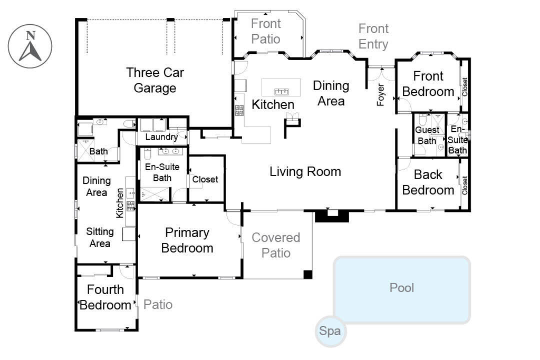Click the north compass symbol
pos(30,46)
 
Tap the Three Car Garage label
pos(155,80)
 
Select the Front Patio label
pos(266,31)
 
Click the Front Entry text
pos(373,36)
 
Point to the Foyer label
pos(381,95)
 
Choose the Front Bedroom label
pos(428,84)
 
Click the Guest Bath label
pos(427,135)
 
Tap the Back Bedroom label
pos(428,182)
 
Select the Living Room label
pos(305,171)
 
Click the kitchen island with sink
pos(281,88)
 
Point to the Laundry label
pos(161,138)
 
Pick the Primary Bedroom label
pos(187,240)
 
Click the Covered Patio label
pos(276,245)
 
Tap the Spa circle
pos(330,332)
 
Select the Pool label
pos(402,288)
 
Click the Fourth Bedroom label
pos(105,297)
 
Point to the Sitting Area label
pos(100,237)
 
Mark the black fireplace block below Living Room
pos(332,216)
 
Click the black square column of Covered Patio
pos(308,274)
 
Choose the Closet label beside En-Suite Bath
pos(205,180)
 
